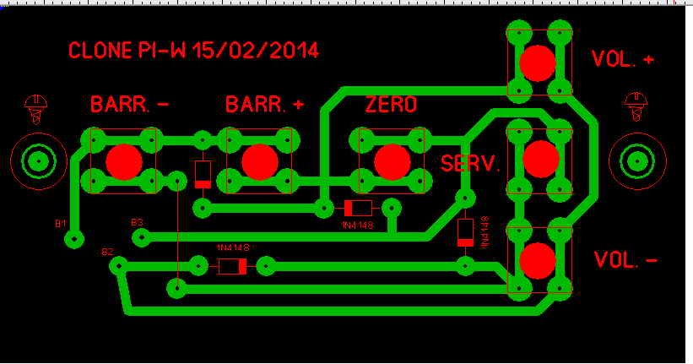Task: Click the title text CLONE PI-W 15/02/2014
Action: (193, 50)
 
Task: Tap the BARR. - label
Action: (129, 105)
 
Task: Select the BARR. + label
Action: (265, 105)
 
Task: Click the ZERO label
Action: (391, 106)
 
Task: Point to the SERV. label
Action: (471, 164)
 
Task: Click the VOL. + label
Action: (624, 59)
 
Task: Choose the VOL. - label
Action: (625, 260)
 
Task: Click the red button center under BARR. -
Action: (124, 160)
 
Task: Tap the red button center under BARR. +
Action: (258, 160)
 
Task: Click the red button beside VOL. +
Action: (538, 62)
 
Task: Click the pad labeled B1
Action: (75, 240)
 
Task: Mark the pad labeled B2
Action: (119, 266)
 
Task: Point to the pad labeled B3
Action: (140, 237)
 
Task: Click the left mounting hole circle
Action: (38, 160)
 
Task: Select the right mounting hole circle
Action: (635, 160)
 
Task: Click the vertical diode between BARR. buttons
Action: (203, 174)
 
